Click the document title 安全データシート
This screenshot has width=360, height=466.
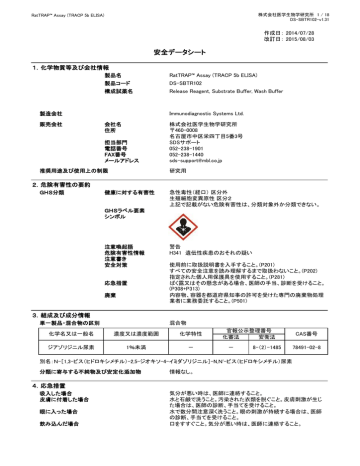pos(179,49)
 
